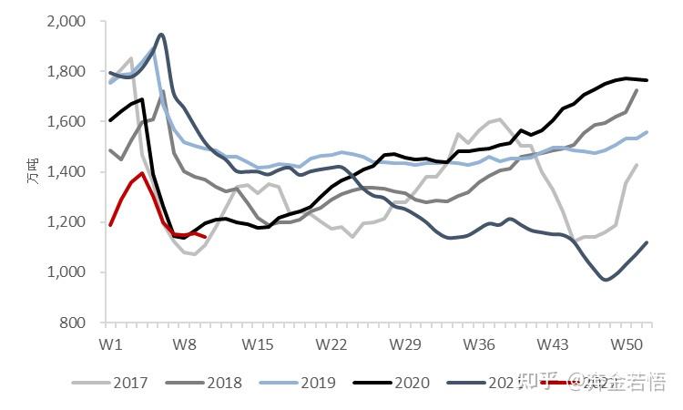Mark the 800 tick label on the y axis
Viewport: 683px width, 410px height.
(73, 323)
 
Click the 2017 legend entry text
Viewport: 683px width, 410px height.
(130, 383)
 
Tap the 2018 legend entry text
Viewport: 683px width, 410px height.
(223, 383)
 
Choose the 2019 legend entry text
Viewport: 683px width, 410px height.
(317, 383)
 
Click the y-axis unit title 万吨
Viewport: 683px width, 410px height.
(32, 171)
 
